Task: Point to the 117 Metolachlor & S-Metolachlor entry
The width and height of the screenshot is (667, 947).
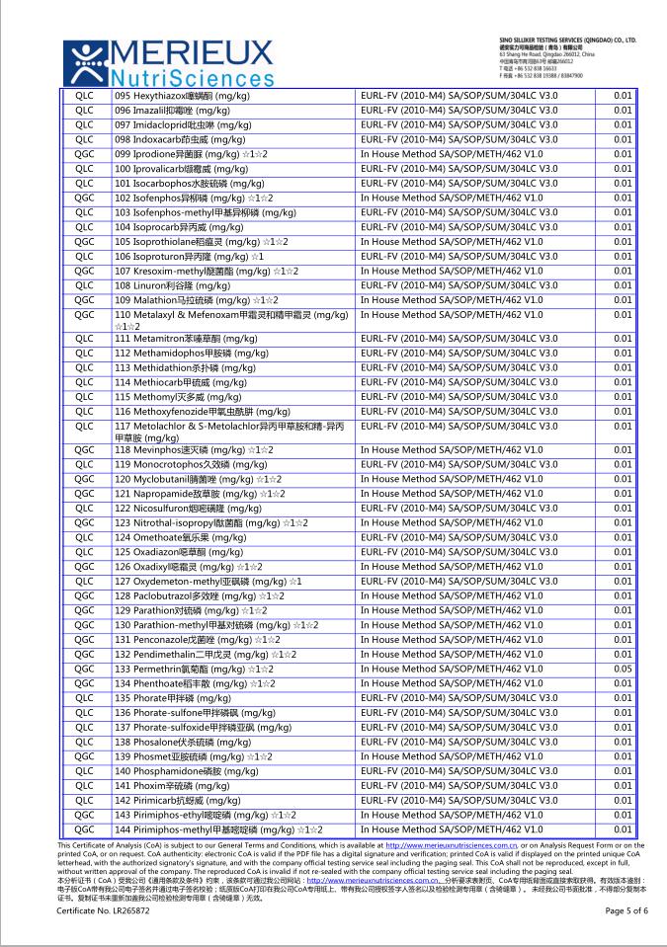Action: [228, 432]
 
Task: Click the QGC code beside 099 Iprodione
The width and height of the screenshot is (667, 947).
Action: [85, 154]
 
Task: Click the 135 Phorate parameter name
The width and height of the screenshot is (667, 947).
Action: [173, 697]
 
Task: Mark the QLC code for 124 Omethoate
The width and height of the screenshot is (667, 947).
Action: [85, 537]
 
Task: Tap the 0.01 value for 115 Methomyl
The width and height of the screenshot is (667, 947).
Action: [622, 396]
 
